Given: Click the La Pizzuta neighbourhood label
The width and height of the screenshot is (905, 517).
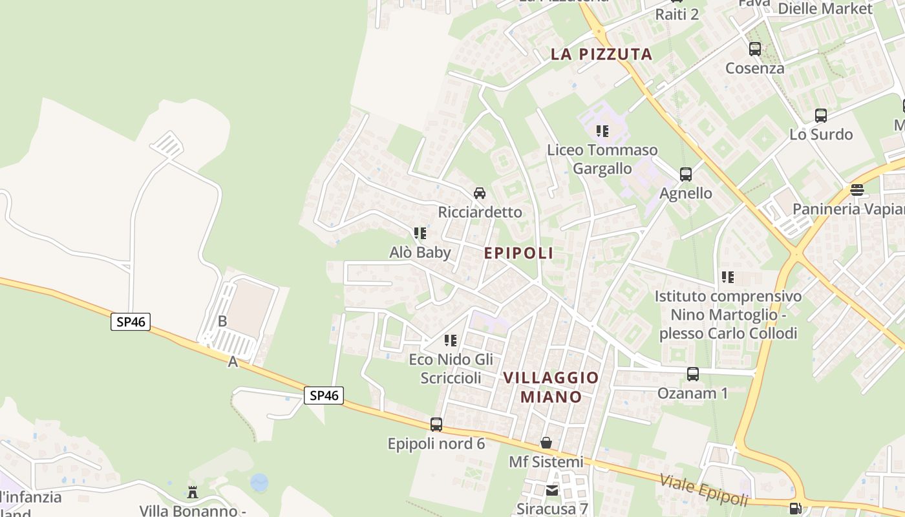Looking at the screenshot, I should pyautogui.click(x=601, y=54).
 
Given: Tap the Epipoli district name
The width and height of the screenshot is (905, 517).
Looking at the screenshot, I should pyautogui.click(x=518, y=253).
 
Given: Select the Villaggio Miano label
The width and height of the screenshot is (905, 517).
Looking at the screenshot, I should pyautogui.click(x=551, y=386).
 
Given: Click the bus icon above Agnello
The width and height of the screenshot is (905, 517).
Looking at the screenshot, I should pyautogui.click(x=685, y=174).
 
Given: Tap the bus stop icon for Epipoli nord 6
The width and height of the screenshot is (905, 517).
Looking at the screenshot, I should pyautogui.click(x=436, y=425).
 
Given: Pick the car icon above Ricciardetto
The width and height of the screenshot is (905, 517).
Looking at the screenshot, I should pyautogui.click(x=480, y=193).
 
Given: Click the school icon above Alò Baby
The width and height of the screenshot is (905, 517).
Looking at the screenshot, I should pyautogui.click(x=420, y=233).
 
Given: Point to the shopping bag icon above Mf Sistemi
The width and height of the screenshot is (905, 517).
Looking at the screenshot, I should pyautogui.click(x=546, y=443).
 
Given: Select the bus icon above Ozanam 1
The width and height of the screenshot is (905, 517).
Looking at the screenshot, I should pyautogui.click(x=692, y=374).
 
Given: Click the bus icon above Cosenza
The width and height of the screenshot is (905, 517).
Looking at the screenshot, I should pyautogui.click(x=754, y=49).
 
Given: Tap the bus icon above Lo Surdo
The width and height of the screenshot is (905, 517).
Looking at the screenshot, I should pyautogui.click(x=820, y=116).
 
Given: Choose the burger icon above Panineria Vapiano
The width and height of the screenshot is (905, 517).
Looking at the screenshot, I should pyautogui.click(x=857, y=190).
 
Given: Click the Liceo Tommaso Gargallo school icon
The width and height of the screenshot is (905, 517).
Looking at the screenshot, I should pyautogui.click(x=602, y=131).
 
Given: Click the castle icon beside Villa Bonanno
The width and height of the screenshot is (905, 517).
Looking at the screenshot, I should pyautogui.click(x=193, y=492).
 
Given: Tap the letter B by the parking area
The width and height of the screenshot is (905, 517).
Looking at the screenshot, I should pyautogui.click(x=222, y=321).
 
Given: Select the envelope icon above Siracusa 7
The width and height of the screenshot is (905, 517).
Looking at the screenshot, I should pyautogui.click(x=551, y=491).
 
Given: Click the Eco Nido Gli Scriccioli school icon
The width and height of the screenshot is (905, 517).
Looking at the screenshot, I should pyautogui.click(x=451, y=341).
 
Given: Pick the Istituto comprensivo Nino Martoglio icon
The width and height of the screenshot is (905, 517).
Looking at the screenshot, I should pyautogui.click(x=728, y=277).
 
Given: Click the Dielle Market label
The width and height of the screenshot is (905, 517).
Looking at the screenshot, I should pyautogui.click(x=825, y=9).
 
